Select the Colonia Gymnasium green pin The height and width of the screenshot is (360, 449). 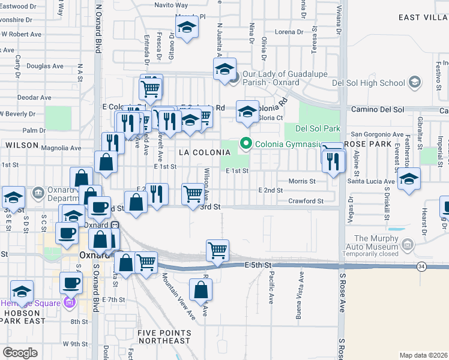coord(245,143)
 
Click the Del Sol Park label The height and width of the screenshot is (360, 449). coord(318,128)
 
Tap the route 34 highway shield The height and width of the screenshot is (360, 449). coord(422,266)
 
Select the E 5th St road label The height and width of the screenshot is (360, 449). coord(259,265)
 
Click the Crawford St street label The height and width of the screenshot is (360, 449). coord(306,201)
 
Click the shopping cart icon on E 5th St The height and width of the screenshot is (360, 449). coord(217,250)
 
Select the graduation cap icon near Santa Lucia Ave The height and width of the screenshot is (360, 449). coord(409,178)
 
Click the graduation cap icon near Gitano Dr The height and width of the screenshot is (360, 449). coord(187,26)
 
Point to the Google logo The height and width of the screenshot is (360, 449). coord(20,353)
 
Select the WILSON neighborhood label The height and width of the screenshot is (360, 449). coord(22,145)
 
